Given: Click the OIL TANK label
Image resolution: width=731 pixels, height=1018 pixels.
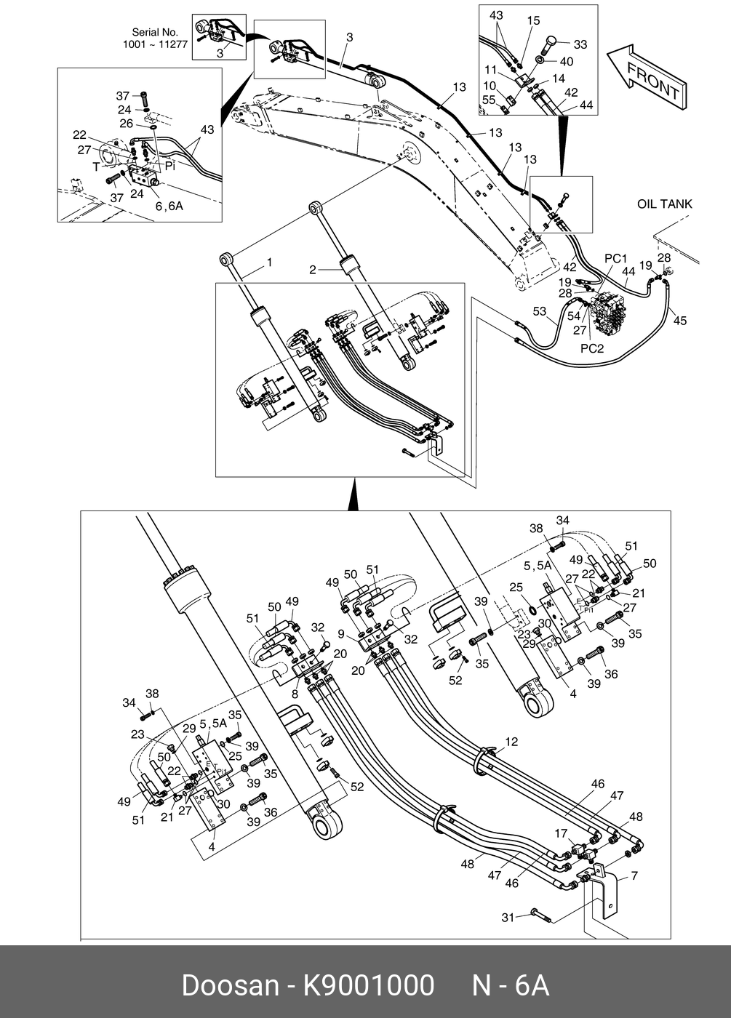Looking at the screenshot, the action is point(664,204).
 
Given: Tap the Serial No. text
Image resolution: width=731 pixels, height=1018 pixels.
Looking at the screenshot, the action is point(155,32).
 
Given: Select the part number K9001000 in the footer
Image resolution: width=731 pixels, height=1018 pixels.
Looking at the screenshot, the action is point(368,985).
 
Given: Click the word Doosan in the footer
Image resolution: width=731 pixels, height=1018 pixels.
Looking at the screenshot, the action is point(230,985).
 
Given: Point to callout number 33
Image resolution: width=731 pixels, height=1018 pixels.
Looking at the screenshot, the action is point(580,44).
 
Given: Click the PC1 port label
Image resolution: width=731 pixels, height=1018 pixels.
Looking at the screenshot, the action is point(615,258).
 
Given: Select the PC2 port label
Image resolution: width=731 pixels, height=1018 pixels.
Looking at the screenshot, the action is point(592,348).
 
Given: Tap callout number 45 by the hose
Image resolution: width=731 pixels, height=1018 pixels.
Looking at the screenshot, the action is point(679,321).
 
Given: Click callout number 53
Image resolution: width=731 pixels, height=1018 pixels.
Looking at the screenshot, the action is point(539,311).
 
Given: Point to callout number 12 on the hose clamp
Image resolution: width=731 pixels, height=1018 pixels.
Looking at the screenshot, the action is point(511,742).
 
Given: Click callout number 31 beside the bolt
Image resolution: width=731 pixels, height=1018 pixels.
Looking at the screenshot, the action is point(508,918).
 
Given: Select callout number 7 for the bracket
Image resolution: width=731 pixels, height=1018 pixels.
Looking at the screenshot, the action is point(634,875).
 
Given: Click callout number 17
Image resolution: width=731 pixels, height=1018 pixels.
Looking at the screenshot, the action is point(561,833).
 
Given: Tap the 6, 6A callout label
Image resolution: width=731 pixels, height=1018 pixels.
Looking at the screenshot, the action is point(169,207).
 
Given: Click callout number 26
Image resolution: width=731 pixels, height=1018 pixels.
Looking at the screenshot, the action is point(127,124).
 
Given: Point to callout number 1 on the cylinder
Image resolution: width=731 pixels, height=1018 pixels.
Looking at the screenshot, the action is point(270,262).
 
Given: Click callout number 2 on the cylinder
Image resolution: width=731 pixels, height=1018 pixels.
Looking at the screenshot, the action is point(312,270).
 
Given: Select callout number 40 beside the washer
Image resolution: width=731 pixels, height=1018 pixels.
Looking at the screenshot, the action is point(566,61).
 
